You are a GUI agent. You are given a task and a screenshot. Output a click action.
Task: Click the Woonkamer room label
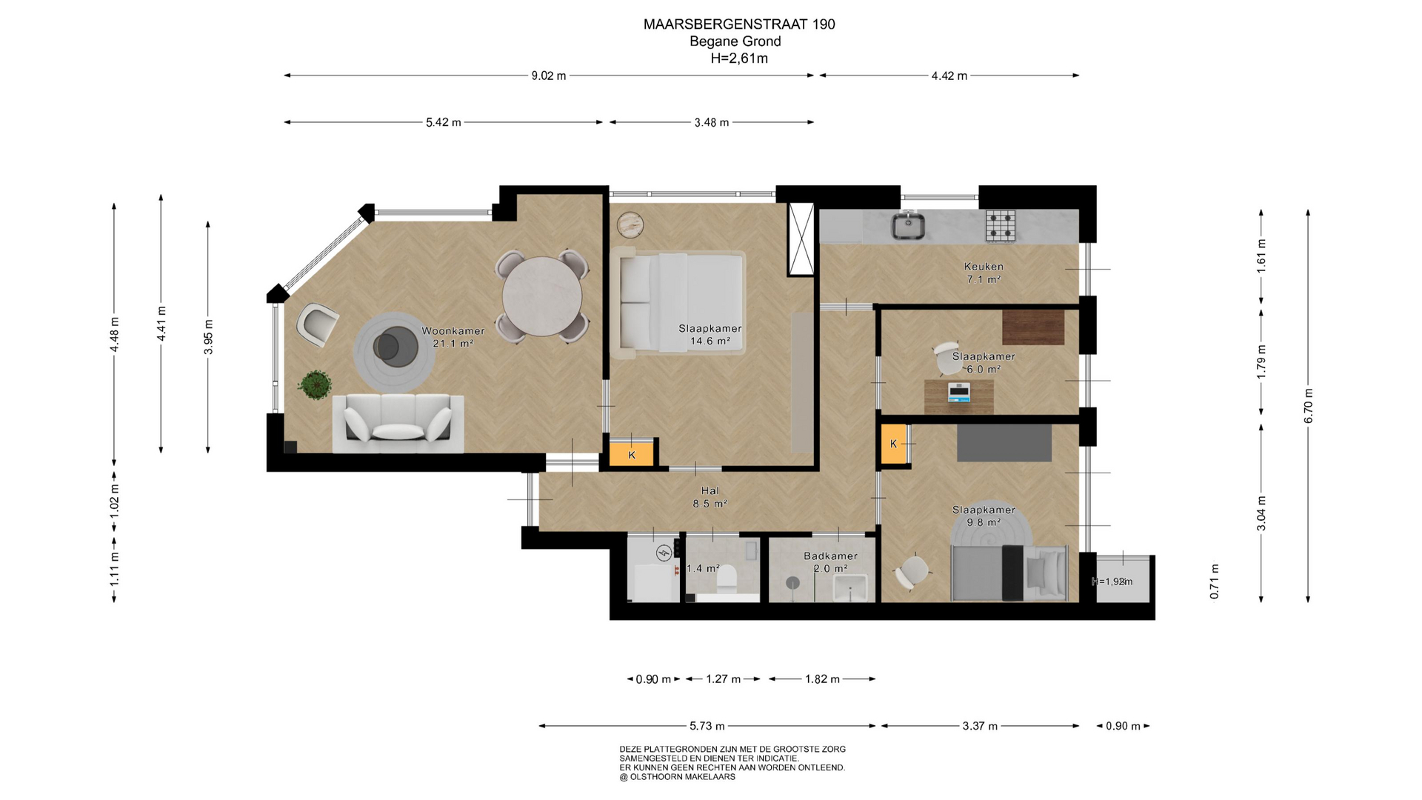(453, 331)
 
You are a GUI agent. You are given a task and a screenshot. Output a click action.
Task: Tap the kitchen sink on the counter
(907, 225)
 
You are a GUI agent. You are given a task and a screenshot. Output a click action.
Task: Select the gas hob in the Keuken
(1000, 226)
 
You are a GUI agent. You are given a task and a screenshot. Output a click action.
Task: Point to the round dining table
(542, 296)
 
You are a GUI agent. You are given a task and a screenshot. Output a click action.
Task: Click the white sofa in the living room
(398, 424)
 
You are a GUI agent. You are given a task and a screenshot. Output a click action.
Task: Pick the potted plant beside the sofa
(315, 385)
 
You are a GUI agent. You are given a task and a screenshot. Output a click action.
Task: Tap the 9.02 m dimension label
(549, 76)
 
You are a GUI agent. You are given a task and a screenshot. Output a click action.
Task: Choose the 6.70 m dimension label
(1309, 406)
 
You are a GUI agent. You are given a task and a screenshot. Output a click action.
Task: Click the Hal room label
(710, 490)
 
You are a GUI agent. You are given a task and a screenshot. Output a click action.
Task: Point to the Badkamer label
(831, 556)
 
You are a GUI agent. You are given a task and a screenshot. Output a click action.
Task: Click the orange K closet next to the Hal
(632, 454)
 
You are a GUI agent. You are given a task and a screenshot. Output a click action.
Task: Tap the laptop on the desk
(959, 392)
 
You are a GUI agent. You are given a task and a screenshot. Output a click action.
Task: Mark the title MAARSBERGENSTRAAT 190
(739, 24)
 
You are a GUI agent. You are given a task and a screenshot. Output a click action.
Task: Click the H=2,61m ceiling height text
(739, 59)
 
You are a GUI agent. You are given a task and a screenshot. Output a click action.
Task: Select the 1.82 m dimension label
(823, 679)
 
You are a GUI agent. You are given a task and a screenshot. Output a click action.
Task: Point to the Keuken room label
(984, 267)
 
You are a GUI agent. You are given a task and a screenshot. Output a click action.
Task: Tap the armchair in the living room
(318, 324)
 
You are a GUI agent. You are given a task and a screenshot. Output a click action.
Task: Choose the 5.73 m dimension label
(707, 726)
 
